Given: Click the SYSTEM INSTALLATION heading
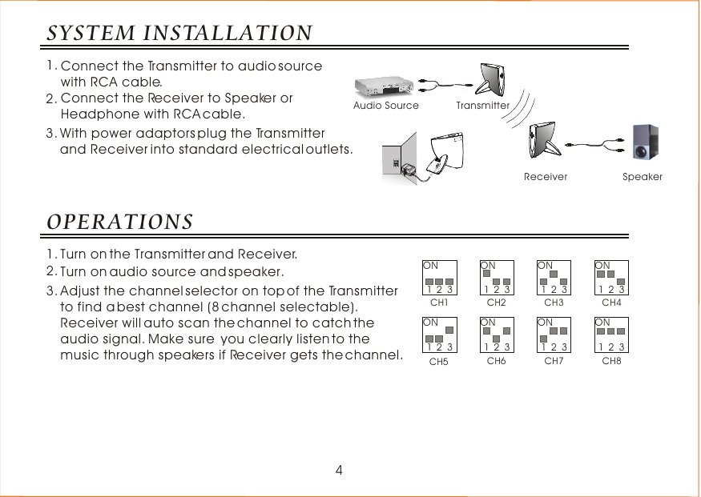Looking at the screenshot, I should [179, 34].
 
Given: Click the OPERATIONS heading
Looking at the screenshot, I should [119, 220].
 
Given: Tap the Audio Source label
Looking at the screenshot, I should [386, 106].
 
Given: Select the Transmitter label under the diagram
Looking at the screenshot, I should [483, 106].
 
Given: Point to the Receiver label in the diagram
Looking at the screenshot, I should [546, 177].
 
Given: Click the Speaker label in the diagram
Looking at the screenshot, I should [643, 177].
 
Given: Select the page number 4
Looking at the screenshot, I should [339, 471].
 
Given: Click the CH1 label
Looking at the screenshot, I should [439, 303].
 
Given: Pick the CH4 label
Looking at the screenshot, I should [611, 303].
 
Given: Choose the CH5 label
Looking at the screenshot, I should [439, 362].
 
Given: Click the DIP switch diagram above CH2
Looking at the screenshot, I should [497, 278].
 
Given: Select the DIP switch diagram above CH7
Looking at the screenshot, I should [554, 335].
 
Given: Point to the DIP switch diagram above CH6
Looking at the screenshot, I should [497, 335].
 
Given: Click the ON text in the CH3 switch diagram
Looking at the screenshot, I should [545, 265].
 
